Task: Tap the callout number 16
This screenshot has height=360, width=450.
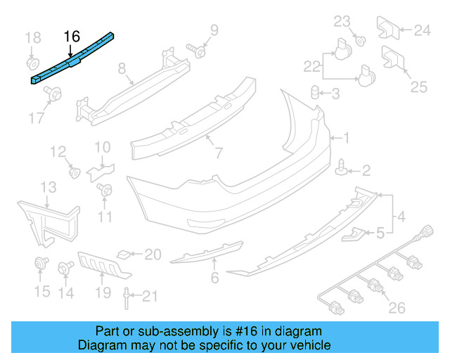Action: [72, 36]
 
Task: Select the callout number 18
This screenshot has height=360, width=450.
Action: [33, 37]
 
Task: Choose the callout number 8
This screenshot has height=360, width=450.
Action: [122, 69]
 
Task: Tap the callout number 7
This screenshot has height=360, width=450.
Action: [219, 153]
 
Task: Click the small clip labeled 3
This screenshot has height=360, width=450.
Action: [316, 93]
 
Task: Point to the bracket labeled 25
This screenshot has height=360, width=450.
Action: [392, 59]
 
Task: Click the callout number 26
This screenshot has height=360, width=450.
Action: [398, 307]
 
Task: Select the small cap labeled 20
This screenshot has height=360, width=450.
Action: [123, 254]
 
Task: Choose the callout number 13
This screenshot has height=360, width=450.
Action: [47, 188]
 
